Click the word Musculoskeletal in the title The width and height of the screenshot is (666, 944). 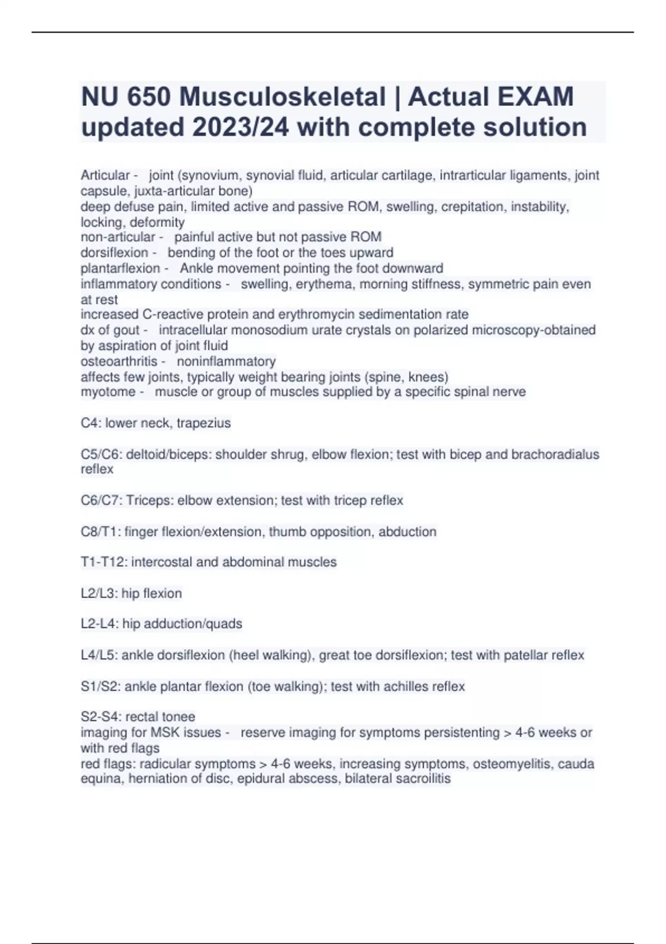(282, 97)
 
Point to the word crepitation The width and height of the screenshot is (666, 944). (472, 207)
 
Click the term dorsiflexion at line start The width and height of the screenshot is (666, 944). (114, 253)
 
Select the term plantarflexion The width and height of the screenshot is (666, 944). (120, 268)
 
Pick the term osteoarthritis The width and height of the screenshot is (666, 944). (119, 361)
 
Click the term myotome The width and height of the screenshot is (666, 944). (108, 392)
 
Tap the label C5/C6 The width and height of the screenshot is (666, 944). (101, 454)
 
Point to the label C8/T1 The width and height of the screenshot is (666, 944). (100, 532)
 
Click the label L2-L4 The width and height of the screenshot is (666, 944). (99, 624)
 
